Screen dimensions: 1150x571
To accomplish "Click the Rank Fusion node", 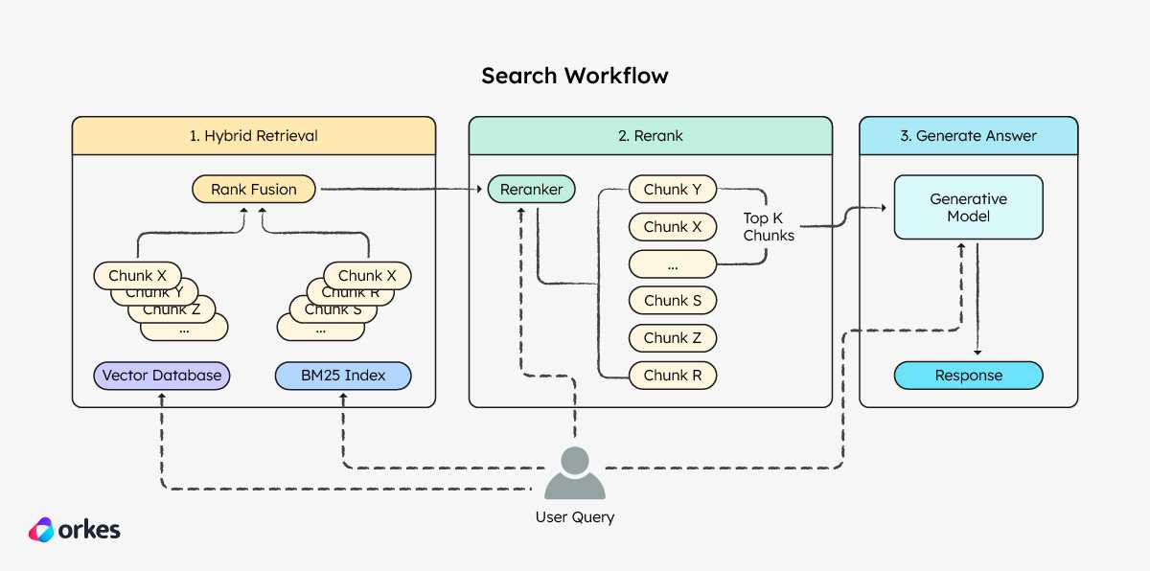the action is coord(254,190).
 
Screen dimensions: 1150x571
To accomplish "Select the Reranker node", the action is coord(531,190).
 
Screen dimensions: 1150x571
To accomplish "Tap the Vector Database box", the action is coord(162,376).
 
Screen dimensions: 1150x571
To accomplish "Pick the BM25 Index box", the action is coord(343,376).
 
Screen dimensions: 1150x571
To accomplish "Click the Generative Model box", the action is coord(968,207).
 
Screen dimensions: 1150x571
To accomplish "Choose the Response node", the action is coord(968,376).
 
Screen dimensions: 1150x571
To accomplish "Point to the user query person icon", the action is coord(575,472).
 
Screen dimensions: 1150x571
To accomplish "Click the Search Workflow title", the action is coord(575,76).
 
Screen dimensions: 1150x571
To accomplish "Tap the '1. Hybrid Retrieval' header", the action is coord(254,136).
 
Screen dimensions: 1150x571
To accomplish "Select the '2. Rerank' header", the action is coord(651,136).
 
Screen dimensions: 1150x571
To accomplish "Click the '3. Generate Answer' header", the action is coord(968,136).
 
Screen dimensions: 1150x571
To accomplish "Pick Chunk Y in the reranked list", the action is coord(673,190).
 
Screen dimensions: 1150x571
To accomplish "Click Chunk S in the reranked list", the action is coord(673,301).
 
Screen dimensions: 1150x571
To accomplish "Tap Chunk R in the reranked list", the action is coord(673,376).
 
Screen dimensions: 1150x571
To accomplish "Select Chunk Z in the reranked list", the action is coord(673,338).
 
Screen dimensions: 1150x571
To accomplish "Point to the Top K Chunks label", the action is coord(769,227).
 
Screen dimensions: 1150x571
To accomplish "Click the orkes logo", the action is coord(75,530).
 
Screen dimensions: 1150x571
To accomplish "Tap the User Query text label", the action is coord(575,517).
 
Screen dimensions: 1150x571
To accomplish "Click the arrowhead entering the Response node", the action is coord(977,353).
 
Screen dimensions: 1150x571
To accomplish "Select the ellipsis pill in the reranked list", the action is coord(673,264).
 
